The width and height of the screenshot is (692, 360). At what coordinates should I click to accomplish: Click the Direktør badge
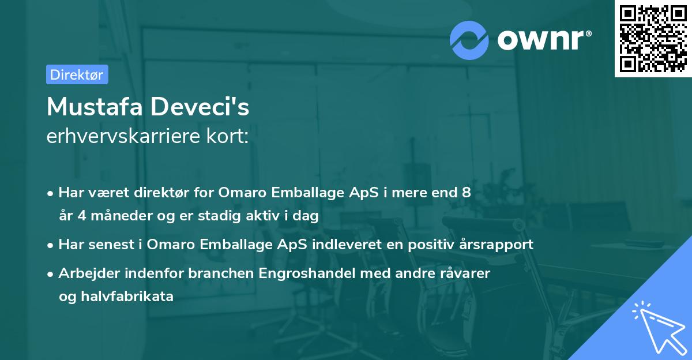click(x=77, y=74)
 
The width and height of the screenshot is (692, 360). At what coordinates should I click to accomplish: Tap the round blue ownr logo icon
click(x=469, y=40)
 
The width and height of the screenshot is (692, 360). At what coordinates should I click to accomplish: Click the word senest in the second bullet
click(x=109, y=244)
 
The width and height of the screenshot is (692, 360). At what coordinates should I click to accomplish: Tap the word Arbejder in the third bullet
click(x=85, y=273)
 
